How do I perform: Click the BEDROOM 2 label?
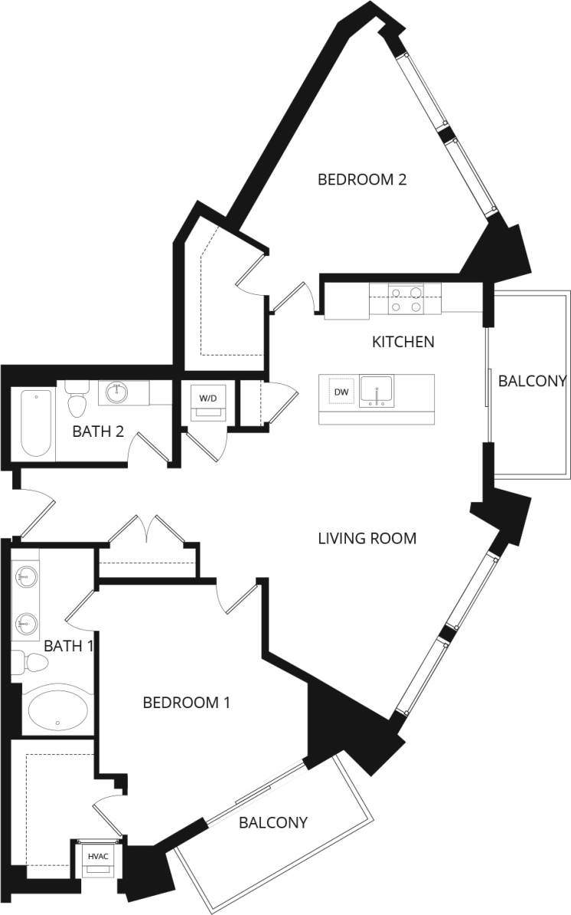click(361, 180)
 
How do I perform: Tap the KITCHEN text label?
click(403, 342)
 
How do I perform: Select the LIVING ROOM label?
click(367, 539)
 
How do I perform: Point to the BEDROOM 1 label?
click(187, 702)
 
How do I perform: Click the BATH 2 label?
click(98, 431)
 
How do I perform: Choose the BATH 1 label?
click(67, 646)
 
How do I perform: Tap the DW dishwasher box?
click(341, 392)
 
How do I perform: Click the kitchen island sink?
click(377, 391)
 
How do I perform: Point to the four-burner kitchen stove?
click(406, 299)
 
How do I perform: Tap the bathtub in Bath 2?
click(35, 423)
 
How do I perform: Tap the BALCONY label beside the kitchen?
click(532, 381)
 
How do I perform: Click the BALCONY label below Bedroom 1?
click(273, 823)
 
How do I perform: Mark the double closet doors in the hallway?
click(145, 530)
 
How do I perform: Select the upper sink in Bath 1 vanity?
click(27, 575)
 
